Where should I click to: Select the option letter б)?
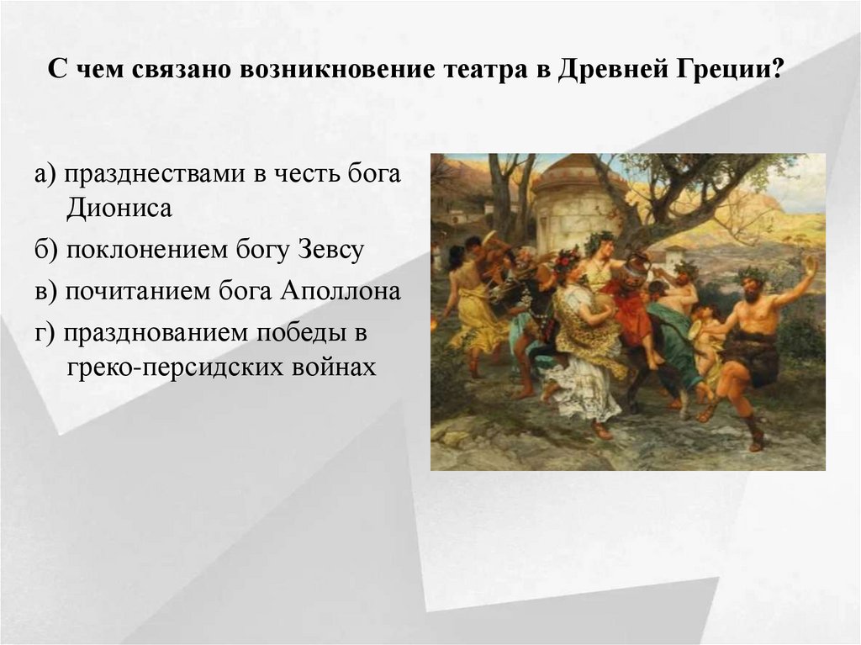tap(45, 251)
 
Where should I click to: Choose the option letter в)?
tap(45, 292)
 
